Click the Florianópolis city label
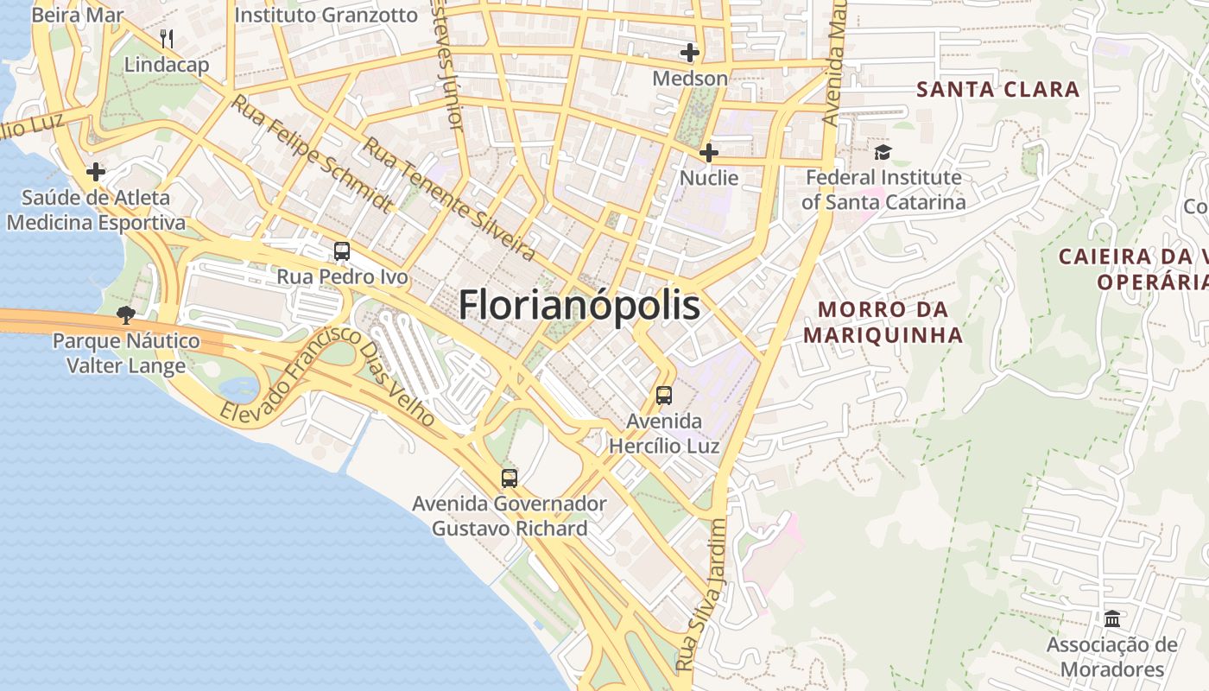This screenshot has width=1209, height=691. coord(579,306)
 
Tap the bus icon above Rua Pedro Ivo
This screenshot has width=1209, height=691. coord(342,251)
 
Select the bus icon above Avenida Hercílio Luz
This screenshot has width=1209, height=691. coord(663,396)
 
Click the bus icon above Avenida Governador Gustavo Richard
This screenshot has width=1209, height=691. coord(510,478)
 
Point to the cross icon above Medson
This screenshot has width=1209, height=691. coord(689,54)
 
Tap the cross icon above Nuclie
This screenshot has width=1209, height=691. coord(709,154)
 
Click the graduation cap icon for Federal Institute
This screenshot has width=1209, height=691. coord(883,153)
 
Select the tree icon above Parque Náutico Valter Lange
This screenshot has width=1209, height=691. coord(126,315)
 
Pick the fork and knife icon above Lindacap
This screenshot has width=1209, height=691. coord(167,39)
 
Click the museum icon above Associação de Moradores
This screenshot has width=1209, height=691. coord(1112,619)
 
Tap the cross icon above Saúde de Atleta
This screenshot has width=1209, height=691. coord(96,172)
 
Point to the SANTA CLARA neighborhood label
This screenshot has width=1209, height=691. coord(997,89)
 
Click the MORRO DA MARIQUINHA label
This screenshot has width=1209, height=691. coord(883,321)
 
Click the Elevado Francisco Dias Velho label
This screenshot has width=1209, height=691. coord(327,375)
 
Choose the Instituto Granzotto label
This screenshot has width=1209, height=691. coord(326,15)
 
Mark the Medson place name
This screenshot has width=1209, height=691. coord(690,78)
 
